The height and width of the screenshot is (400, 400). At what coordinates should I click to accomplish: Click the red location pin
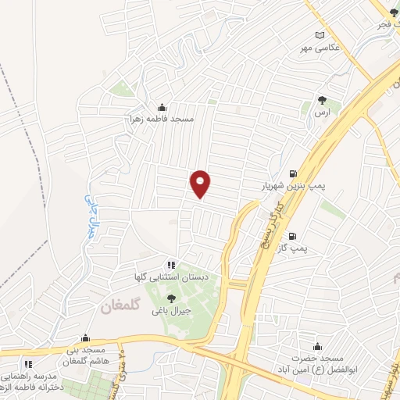click(201, 184)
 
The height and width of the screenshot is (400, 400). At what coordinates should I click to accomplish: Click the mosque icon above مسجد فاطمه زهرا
click(162, 108)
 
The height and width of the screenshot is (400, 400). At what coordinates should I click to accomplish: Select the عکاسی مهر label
click(319, 47)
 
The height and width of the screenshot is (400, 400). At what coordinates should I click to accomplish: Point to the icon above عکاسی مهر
click(319, 35)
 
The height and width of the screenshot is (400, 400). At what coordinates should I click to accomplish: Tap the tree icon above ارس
click(322, 99)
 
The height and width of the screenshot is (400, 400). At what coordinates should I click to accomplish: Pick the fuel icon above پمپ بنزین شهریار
click(292, 173)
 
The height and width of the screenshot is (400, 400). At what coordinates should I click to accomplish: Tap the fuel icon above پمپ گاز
click(292, 236)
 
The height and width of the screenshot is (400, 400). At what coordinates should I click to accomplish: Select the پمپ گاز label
click(295, 248)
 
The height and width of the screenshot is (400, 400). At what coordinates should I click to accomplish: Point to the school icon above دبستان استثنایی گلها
click(170, 266)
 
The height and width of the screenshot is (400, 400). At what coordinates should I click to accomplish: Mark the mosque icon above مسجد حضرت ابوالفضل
click(317, 347)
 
